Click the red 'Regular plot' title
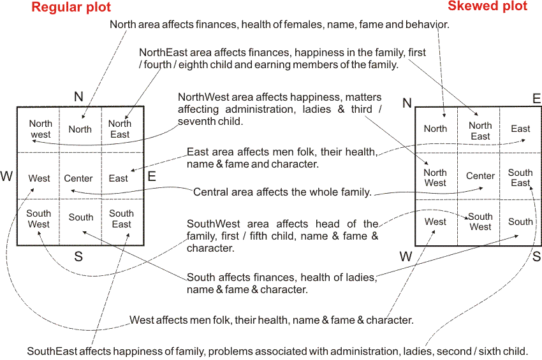[x=71, y=8]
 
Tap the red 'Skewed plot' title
[x=488, y=6]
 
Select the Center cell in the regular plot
[x=78, y=178]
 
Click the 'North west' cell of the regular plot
[x=40, y=129]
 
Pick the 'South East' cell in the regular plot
[x=121, y=219]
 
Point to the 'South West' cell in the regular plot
[x=39, y=219]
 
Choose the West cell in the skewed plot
[x=436, y=222]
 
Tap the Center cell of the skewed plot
[x=480, y=176]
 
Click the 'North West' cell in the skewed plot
[x=436, y=178]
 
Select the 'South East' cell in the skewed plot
[x=520, y=178]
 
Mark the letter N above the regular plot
[x=78, y=97]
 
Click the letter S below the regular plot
[x=78, y=257]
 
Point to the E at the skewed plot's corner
[x=536, y=98]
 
